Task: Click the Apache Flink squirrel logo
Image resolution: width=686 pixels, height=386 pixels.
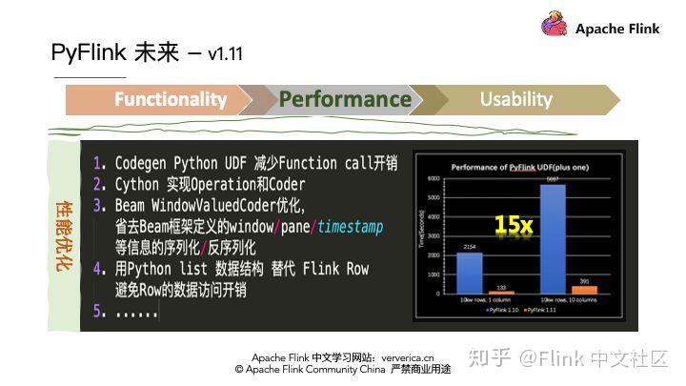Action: pyautogui.click(x=555, y=26)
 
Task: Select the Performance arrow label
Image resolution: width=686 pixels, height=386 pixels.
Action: pyautogui.click(x=345, y=99)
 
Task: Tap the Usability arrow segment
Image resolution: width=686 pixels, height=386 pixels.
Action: pyautogui.click(x=515, y=99)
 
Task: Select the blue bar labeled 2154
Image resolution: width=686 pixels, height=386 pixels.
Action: pyautogui.click(x=469, y=273)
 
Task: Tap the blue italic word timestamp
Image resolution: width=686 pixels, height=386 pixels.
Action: pyautogui.click(x=350, y=227)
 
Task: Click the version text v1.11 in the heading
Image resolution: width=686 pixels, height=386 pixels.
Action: pyautogui.click(x=225, y=54)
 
